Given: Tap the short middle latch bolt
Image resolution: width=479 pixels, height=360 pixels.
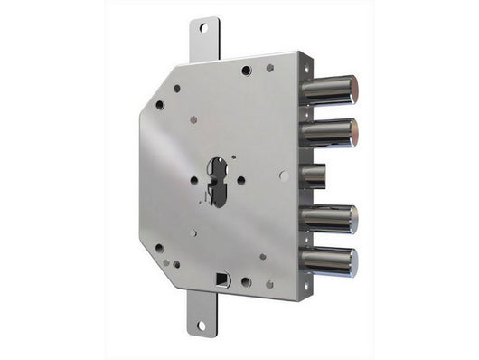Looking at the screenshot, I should [x=314, y=175].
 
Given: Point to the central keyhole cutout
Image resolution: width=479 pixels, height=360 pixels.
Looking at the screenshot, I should [x=217, y=180].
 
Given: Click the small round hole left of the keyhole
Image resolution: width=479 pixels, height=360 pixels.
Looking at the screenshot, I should [x=193, y=180].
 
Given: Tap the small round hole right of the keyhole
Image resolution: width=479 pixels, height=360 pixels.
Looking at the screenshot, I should [x=241, y=180].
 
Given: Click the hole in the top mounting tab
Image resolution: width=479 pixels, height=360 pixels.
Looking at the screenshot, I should [x=203, y=28].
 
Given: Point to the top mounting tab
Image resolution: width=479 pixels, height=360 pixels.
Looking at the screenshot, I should [x=203, y=39].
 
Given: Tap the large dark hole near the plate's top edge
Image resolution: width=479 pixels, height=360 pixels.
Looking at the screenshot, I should [x=246, y=70].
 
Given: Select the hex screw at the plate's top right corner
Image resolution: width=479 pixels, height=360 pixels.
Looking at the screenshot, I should [x=269, y=68].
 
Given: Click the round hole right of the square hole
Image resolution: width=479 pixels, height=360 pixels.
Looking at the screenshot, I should [x=246, y=282].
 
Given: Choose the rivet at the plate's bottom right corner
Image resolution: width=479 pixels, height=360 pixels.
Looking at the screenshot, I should [x=268, y=284].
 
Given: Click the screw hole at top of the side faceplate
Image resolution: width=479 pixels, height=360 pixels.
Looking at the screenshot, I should [x=309, y=66].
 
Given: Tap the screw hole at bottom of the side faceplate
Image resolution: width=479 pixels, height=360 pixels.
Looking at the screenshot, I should [x=307, y=286].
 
